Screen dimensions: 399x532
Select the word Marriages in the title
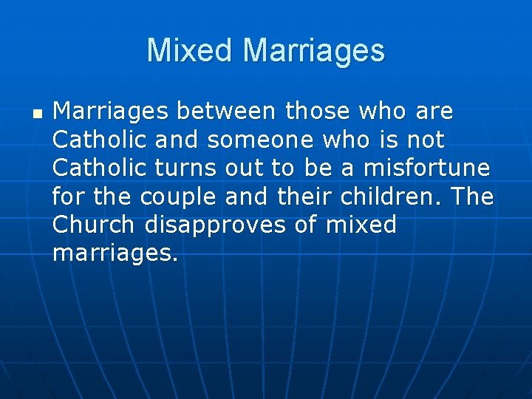coord(314,50)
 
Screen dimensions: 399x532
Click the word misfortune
coord(426,168)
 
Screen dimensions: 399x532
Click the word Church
coord(94,225)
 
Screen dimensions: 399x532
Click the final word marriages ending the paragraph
coord(115,253)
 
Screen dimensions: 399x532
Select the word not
coord(425,140)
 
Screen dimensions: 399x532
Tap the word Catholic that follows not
coord(100,168)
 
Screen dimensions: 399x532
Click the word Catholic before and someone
coord(100,140)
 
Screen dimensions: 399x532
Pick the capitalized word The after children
coord(472,197)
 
